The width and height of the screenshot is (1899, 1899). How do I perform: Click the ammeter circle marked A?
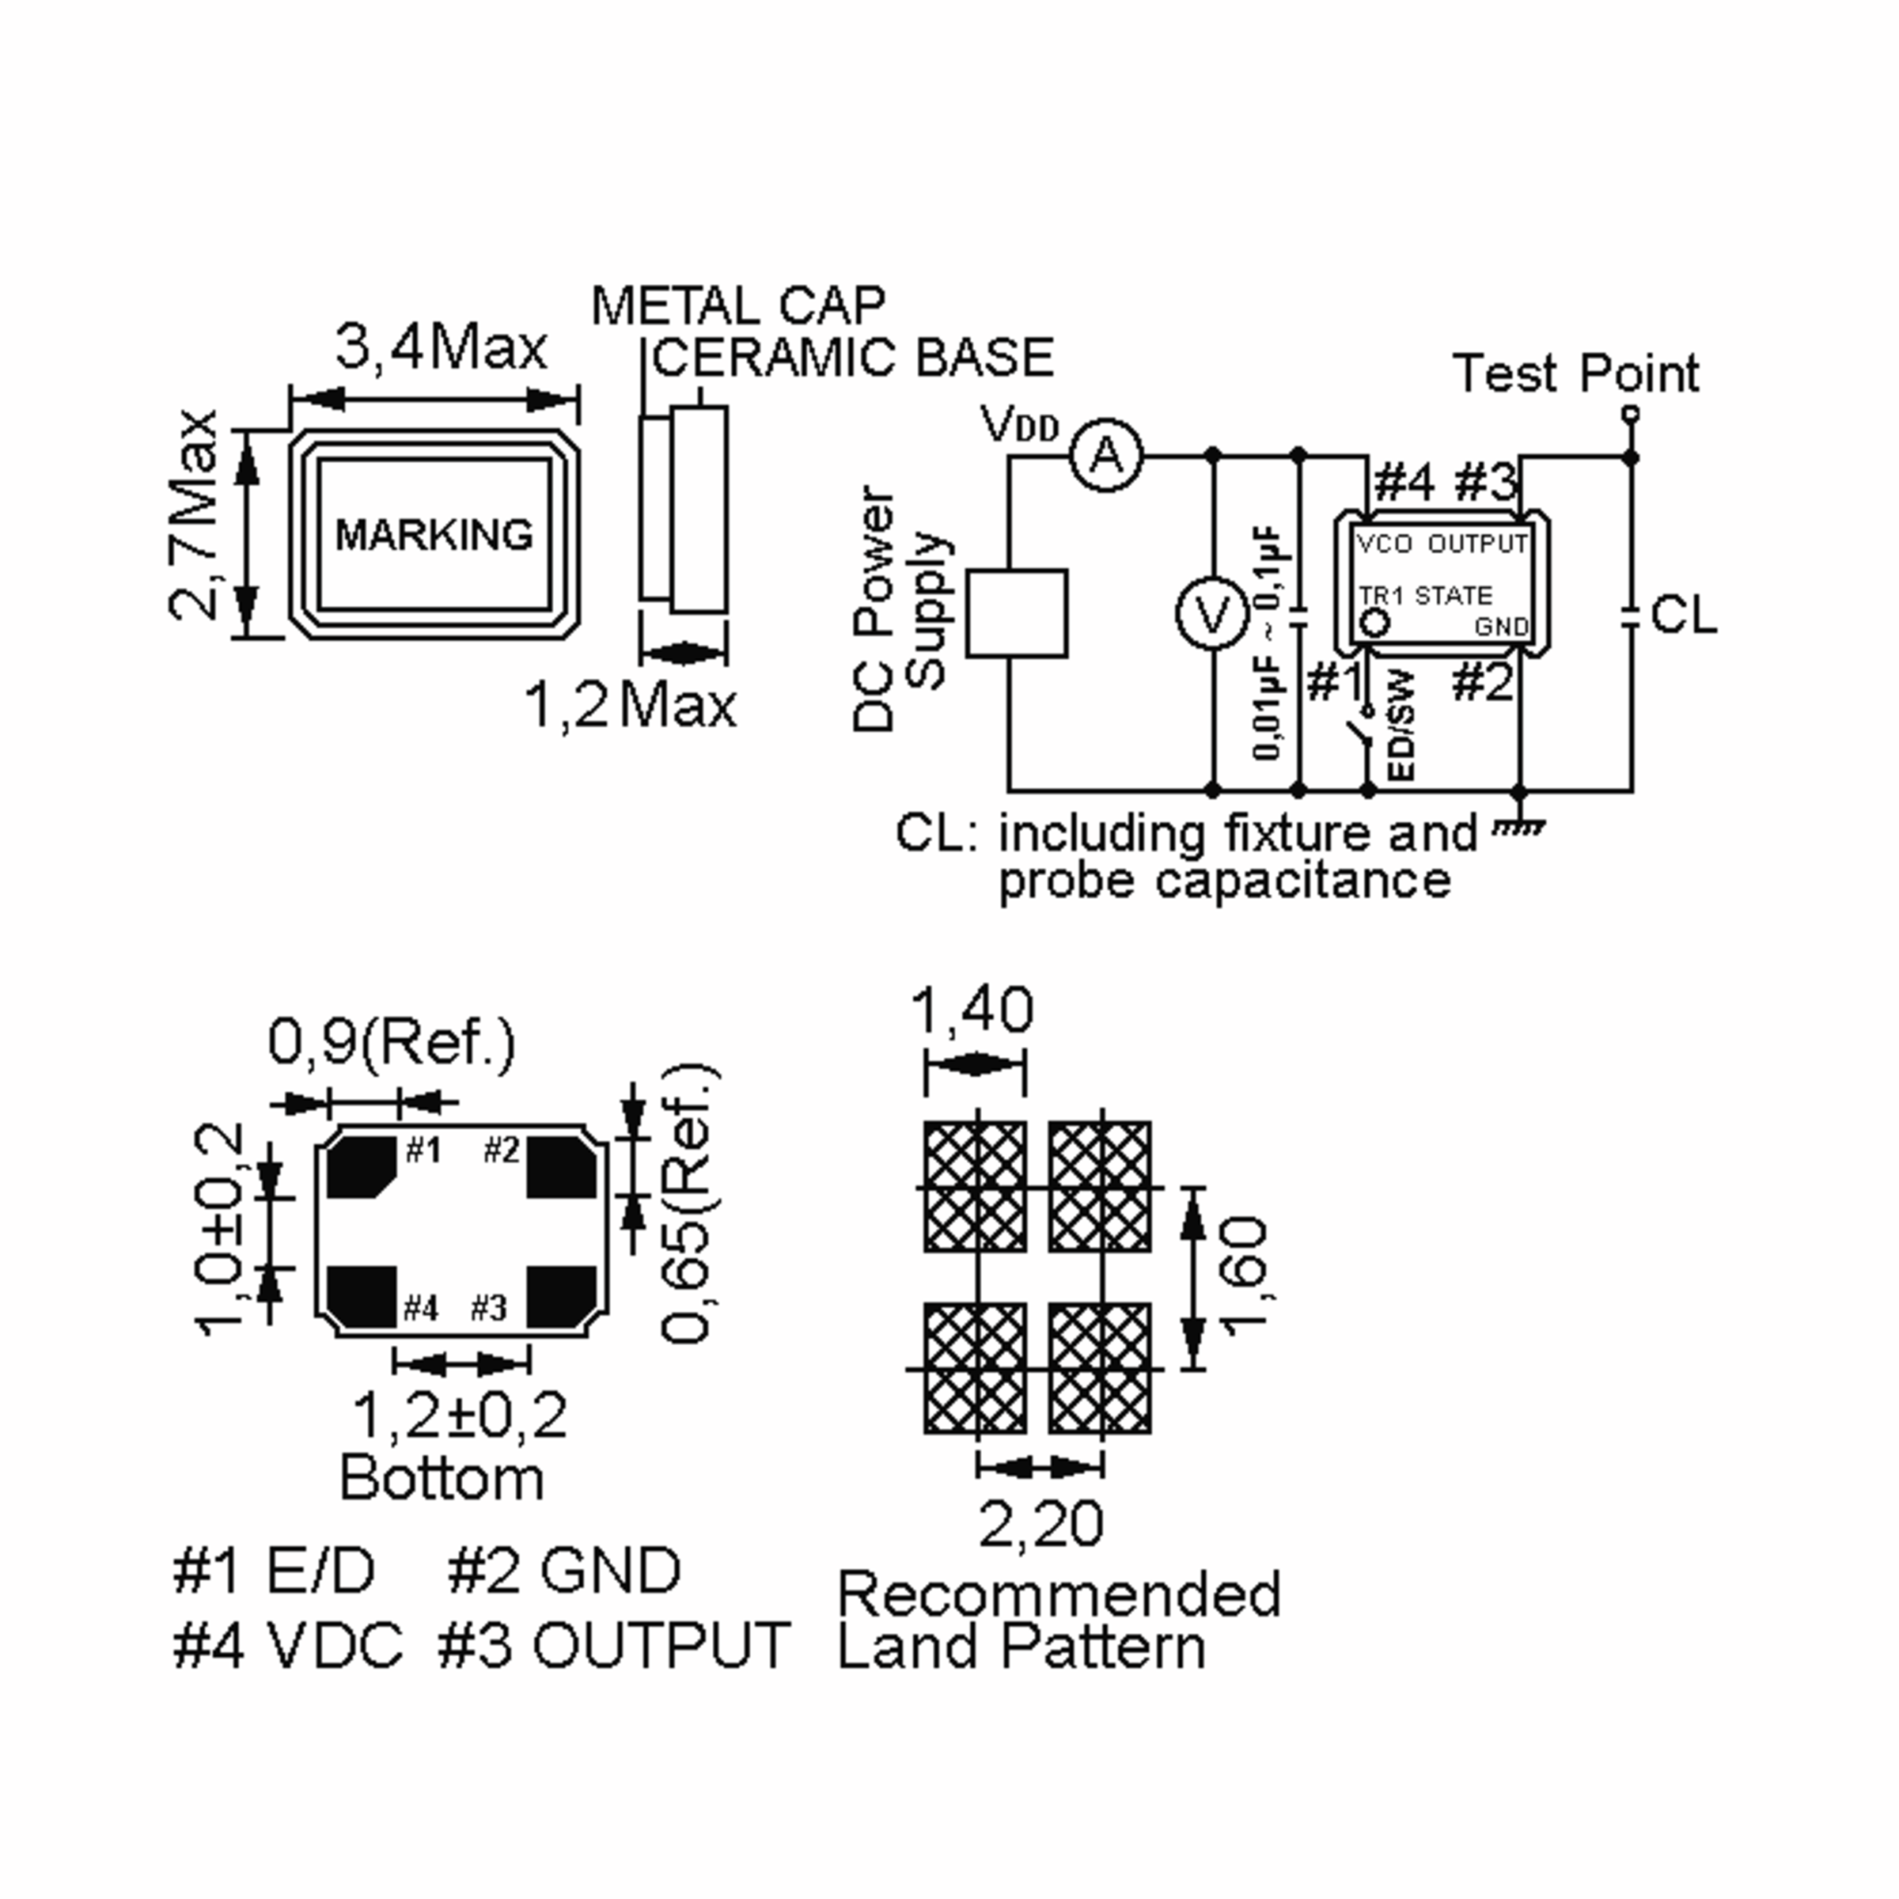(1107, 456)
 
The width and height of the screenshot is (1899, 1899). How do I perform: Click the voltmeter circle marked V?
(1213, 614)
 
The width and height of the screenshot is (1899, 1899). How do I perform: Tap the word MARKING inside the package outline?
(434, 535)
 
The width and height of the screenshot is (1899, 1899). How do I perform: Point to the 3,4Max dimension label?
(442, 347)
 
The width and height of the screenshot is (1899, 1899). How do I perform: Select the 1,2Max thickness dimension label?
(630, 705)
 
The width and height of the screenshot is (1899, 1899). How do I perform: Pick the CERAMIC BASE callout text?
(853, 357)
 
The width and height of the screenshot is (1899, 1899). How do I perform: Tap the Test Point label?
(1575, 373)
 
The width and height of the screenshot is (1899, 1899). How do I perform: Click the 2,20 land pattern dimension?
(1041, 1523)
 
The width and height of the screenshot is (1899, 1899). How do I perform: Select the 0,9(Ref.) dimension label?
(391, 1043)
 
